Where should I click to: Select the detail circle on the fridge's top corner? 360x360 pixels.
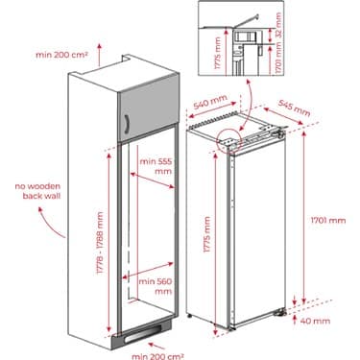pos(230,140)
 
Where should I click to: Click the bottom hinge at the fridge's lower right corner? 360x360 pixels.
pos(284,310)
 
